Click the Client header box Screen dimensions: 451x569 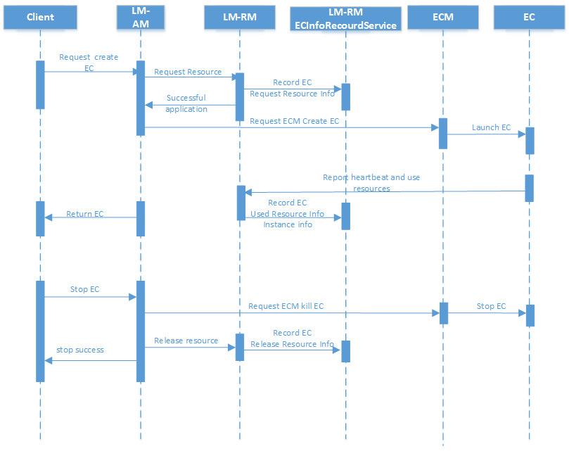click(40, 17)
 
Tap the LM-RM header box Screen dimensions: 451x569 click(239, 17)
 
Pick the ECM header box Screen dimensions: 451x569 click(443, 17)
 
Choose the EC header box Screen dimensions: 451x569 click(529, 17)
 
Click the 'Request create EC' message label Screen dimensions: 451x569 click(89, 62)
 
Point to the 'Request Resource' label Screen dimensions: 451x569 click(188, 72)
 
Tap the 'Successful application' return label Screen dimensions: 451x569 click(186, 103)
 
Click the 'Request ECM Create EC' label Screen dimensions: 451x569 click(294, 121)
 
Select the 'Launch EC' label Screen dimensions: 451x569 click(491, 127)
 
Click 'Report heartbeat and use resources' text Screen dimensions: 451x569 click(371, 183)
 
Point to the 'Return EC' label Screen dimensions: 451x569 click(84, 213)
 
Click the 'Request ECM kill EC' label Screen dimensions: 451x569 click(286, 306)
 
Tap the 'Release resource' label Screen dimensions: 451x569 click(186, 341)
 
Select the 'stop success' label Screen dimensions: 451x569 click(80, 350)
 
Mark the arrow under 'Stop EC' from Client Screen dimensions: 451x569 click(90, 297)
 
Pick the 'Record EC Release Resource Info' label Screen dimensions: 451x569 click(292, 338)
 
